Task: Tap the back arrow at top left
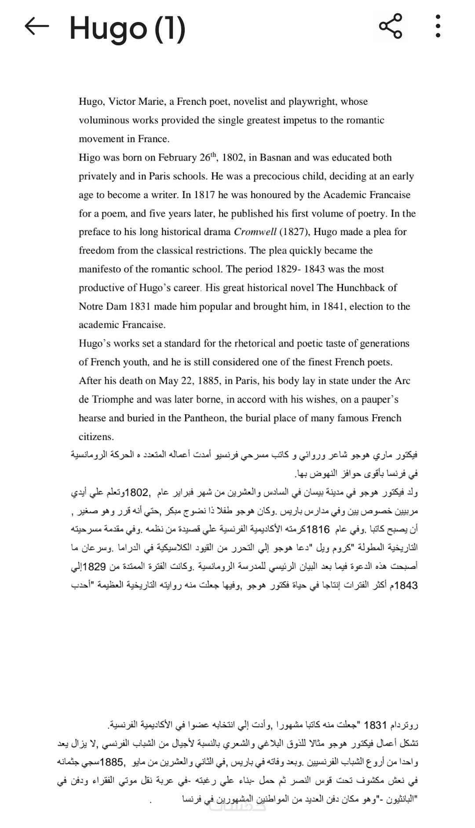(37, 26)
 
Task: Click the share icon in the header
(391, 26)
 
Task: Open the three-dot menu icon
(438, 26)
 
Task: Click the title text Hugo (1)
(128, 29)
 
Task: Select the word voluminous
(104, 121)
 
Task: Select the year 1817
(205, 195)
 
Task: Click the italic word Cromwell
(255, 232)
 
